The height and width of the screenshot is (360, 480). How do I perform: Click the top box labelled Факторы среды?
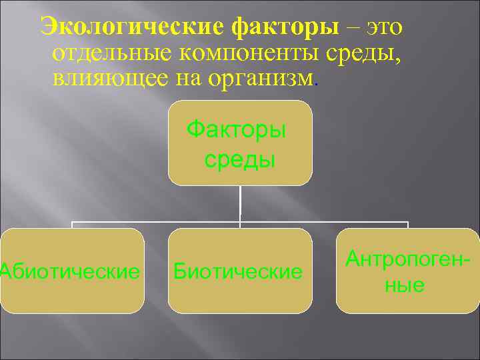[x=240, y=143]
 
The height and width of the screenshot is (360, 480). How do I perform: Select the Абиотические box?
[x=72, y=271]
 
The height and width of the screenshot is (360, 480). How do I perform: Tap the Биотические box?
[x=240, y=271]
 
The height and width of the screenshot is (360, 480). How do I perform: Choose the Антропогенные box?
[x=407, y=271]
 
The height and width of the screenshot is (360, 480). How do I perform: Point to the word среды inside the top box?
[x=239, y=159]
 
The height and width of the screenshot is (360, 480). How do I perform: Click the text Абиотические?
[x=71, y=271]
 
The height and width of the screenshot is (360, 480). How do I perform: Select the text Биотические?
[x=237, y=271]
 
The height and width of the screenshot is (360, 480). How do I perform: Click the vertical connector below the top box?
[x=240, y=203]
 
